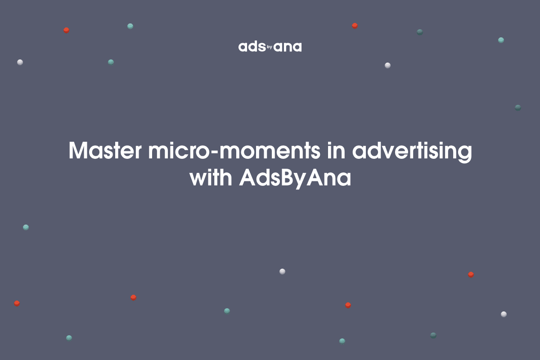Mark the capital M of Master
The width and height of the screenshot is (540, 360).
pyautogui.click(x=79, y=151)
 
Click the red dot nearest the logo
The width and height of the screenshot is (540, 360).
pyautogui.click(x=355, y=26)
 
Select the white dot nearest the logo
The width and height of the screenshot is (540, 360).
pyautogui.click(x=387, y=65)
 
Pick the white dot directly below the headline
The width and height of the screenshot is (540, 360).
pyautogui.click(x=282, y=271)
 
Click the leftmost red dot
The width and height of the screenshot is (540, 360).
pyautogui.click(x=17, y=303)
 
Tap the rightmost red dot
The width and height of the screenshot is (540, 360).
pyautogui.click(x=471, y=274)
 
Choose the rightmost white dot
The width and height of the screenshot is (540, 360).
pyautogui.click(x=504, y=314)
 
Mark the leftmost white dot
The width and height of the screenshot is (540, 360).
pyautogui.click(x=20, y=62)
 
